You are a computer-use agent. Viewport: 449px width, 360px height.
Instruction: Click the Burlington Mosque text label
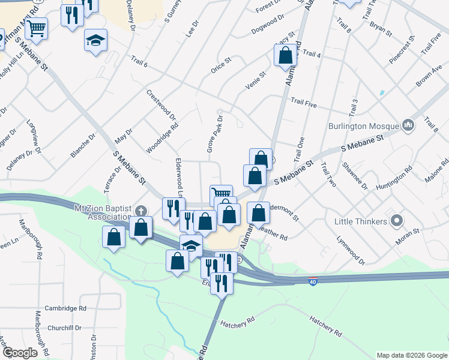364,127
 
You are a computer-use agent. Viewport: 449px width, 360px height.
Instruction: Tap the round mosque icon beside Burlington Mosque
409,125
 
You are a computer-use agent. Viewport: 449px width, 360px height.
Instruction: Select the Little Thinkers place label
360,222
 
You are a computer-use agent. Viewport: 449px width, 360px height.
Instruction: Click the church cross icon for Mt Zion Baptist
140,211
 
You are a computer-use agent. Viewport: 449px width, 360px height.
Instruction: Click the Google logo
20,353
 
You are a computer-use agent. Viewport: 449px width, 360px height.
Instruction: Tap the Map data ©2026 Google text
411,355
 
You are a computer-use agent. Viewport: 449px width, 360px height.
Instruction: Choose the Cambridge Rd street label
65,308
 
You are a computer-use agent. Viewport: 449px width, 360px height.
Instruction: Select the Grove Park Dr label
215,133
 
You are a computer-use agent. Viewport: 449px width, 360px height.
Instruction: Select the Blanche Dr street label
83,145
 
